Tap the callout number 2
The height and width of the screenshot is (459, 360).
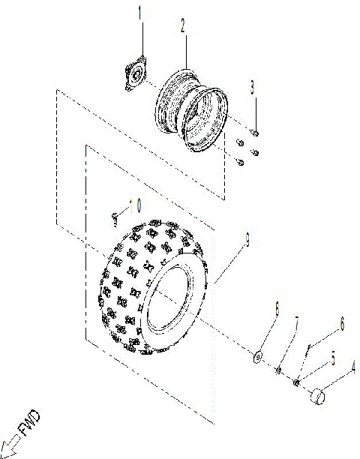[181, 25]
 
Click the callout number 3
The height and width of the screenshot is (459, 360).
[253, 87]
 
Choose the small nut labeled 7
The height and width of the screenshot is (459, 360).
[278, 369]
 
